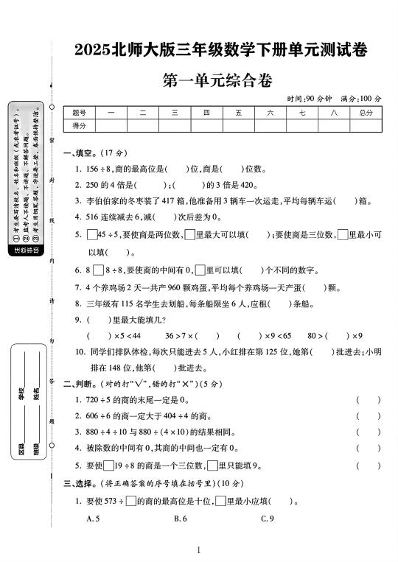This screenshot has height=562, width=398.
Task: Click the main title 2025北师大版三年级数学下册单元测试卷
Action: tap(221, 50)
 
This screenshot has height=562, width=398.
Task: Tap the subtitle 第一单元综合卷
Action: tap(220, 81)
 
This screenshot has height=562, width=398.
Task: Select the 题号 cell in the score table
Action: tap(80, 113)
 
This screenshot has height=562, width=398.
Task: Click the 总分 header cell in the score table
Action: tap(366, 113)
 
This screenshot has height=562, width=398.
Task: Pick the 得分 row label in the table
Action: tap(80, 126)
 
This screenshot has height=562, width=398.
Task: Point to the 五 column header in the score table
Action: tap(239, 113)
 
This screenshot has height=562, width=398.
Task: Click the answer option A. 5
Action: tap(93, 519)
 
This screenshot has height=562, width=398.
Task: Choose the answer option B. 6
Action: tap(181, 519)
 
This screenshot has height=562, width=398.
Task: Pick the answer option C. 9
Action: tap(268, 519)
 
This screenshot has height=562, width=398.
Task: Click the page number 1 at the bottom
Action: tap(199, 549)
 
